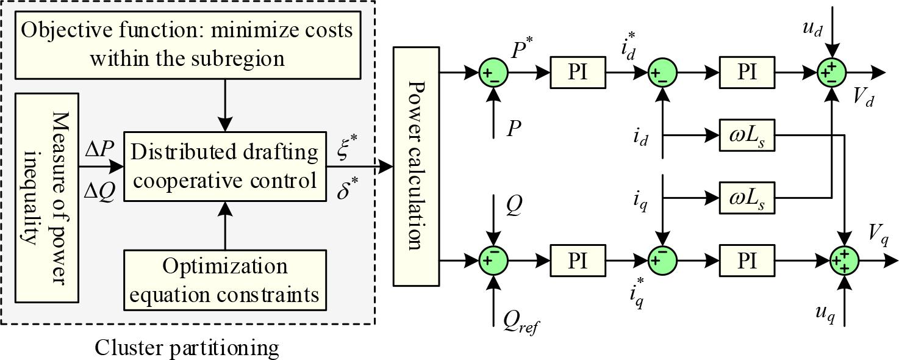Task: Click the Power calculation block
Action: point(416,167)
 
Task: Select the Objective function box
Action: point(187,43)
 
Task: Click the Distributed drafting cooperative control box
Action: point(224,166)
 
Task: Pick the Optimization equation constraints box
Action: point(224,281)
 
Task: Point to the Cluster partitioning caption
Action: point(187,348)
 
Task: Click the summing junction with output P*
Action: point(493,72)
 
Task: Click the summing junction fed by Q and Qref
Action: point(493,261)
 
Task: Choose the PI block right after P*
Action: point(577,72)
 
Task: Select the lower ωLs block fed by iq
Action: point(747,198)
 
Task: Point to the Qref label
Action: point(520,319)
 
